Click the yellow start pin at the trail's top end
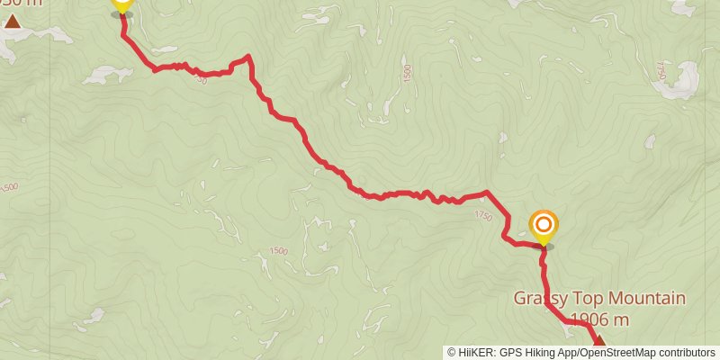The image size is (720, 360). pos(122,4)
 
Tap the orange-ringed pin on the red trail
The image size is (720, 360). pos(544,226)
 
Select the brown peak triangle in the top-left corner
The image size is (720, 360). pos(13,20)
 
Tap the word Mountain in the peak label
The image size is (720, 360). pos(644,299)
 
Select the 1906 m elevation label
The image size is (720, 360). pos(598,319)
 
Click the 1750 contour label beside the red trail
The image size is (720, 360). pos(483,216)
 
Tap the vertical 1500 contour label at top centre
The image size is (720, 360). pos(407,72)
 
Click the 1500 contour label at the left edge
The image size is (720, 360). pos(8,187)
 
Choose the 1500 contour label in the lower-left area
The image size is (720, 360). pos(278,250)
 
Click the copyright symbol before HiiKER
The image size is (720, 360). pos(452,352)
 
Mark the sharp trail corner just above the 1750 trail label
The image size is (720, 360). pos(487,192)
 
